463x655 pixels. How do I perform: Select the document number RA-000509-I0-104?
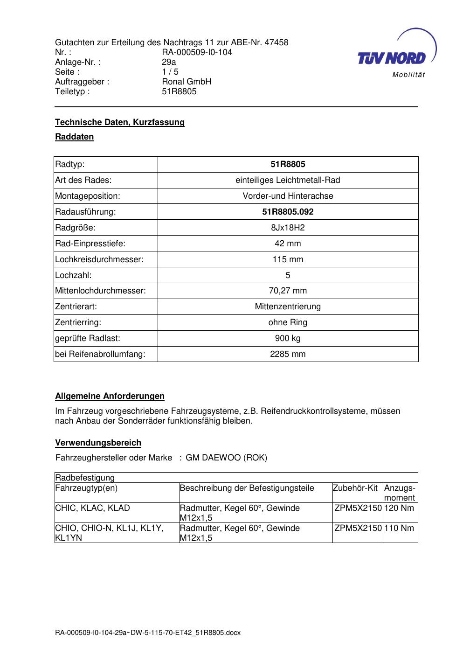pos(197,52)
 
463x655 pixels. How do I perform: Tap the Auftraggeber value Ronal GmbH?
pos(187,82)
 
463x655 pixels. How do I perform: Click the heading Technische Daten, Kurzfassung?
pos(120,122)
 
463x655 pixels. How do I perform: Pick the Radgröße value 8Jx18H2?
pos(288,228)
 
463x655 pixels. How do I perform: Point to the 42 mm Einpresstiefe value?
pos(288,244)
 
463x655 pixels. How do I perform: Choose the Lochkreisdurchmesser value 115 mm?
pos(288,259)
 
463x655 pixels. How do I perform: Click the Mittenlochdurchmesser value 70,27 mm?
pos(288,291)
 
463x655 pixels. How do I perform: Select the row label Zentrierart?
pos(76,307)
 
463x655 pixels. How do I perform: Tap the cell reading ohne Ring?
pos(288,322)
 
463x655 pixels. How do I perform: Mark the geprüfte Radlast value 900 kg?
pos(288,338)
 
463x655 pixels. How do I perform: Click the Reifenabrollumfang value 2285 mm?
pos(288,354)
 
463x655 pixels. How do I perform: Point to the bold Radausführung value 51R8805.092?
pos(288,212)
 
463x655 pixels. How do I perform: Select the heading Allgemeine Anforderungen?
pos(110,396)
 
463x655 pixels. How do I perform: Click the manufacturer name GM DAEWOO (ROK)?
pos(227,458)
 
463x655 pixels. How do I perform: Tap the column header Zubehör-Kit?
pos(355,488)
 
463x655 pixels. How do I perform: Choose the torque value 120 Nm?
pos(401,508)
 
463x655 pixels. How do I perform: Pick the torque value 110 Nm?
pos(401,528)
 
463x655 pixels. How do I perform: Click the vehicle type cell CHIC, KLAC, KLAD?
pos(93,508)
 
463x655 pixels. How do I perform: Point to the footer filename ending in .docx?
pos(148,633)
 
